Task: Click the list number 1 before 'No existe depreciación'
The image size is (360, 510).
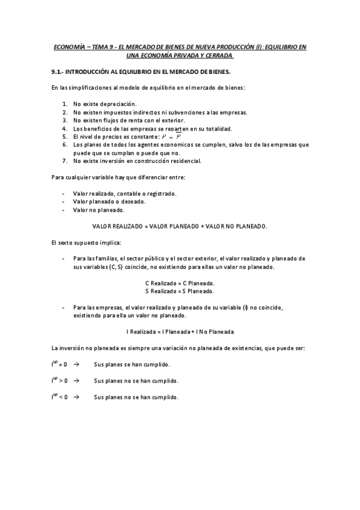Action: (64, 104)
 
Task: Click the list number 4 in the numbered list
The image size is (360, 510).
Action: (64, 129)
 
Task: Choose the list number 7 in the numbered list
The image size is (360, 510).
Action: (64, 161)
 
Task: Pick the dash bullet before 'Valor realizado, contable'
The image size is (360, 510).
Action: (64, 194)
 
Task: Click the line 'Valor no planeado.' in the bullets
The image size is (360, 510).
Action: (99, 210)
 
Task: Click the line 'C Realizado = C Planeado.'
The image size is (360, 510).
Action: (180, 283)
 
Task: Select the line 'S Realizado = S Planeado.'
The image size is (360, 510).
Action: (180, 291)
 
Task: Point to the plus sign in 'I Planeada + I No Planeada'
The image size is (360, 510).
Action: (192, 331)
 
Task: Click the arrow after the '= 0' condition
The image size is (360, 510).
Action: (76, 364)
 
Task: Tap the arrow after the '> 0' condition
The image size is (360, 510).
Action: (76, 381)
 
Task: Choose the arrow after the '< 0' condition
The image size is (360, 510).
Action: (76, 397)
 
